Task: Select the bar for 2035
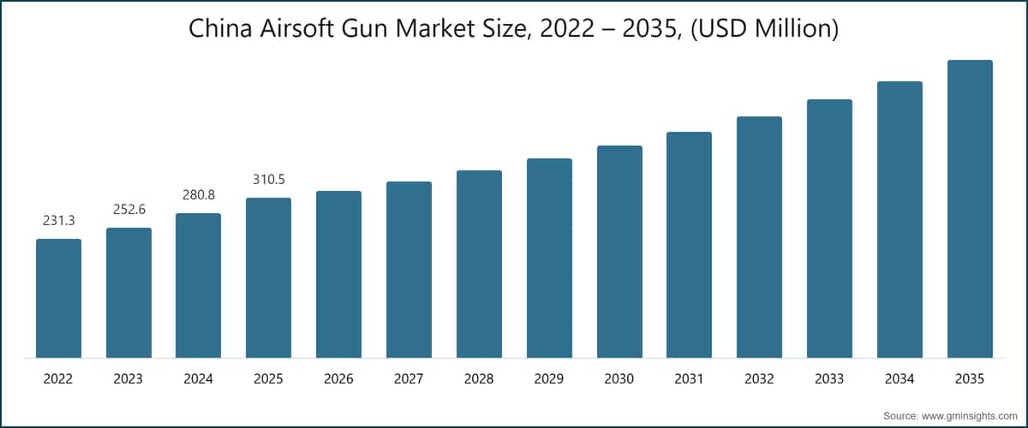(970, 209)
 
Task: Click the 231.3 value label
(58, 221)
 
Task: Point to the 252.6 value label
(128, 210)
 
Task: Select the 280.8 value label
(198, 195)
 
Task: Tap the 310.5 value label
(268, 180)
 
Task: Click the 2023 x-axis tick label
(128, 378)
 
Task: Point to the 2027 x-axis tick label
(409, 378)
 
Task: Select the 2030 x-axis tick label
(619, 378)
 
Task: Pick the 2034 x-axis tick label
(899, 378)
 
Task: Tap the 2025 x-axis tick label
(268, 378)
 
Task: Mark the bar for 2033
(829, 229)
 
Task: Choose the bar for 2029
(549, 258)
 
